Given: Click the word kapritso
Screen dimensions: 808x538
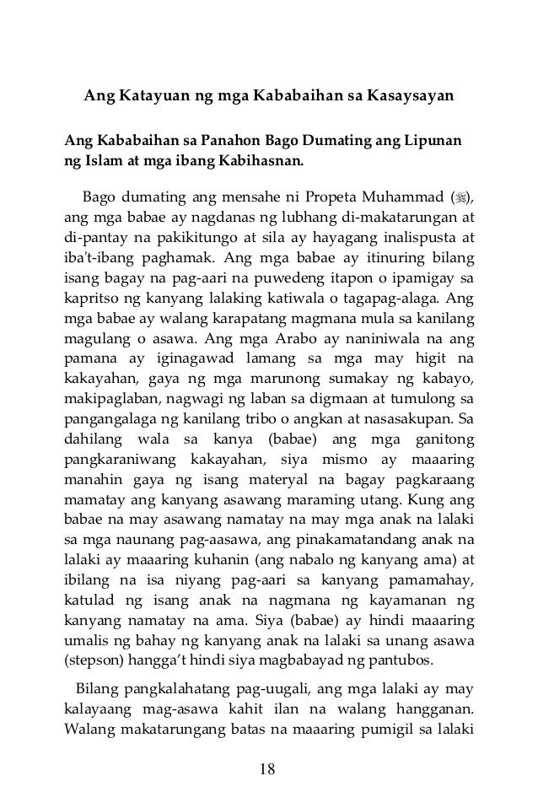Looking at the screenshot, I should coord(94,299).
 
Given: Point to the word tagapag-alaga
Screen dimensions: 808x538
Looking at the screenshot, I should coord(389,299).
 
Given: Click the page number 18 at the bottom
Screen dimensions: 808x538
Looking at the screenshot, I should coord(269,768).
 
